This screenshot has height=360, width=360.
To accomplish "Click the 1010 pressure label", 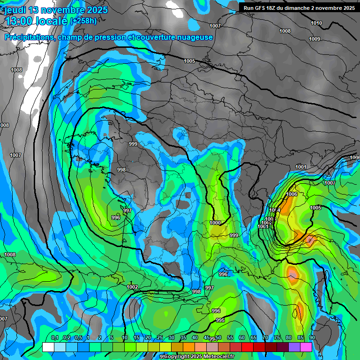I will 316,23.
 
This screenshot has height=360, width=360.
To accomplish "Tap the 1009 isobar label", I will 315,39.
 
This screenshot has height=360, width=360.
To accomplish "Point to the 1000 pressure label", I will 215,223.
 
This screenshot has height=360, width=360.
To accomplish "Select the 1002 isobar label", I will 132,287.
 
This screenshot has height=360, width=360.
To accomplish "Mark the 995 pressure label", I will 220,320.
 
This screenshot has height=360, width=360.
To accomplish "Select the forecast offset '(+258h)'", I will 83,21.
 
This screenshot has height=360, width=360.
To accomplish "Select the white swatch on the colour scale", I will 48,347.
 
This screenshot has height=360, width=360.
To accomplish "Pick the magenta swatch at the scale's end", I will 306,347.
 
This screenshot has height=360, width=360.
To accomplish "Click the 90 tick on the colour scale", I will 312,338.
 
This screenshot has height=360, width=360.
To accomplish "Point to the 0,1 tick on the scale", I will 54,338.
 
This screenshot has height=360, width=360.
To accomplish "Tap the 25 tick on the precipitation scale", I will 160,338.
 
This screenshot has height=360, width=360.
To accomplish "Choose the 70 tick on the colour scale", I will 265,338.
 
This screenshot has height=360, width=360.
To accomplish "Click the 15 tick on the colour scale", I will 136,338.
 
